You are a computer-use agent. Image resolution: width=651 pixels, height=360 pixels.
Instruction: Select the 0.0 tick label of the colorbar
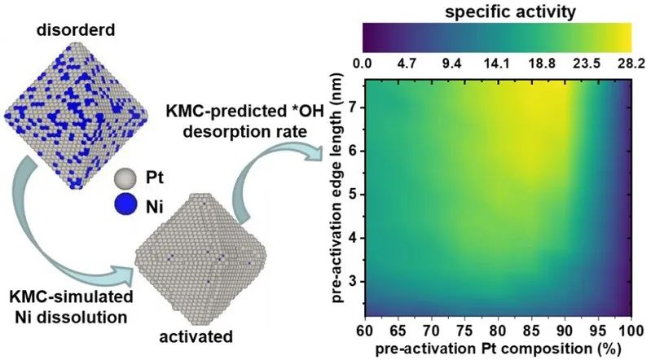coord(363,63)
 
